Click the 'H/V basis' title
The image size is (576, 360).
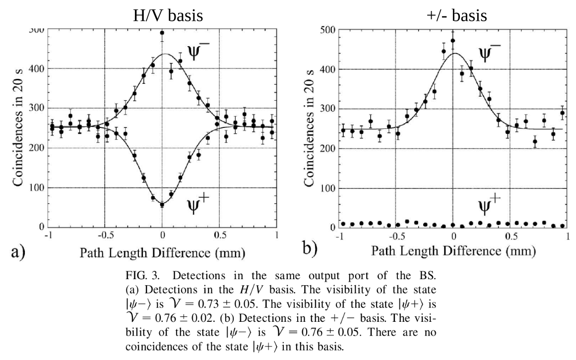click(168, 15)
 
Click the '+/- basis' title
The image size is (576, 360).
click(457, 15)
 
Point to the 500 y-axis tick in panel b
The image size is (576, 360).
click(327, 30)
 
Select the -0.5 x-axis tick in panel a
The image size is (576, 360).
click(105, 235)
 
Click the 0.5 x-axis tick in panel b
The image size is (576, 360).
click(510, 236)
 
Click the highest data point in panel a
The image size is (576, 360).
click(162, 33)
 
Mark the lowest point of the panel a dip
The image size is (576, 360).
click(162, 205)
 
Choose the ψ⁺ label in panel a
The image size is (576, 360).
click(198, 204)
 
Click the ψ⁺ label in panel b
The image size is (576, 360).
click(489, 205)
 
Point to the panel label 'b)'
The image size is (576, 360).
click(310, 248)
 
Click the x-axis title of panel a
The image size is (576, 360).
click(162, 253)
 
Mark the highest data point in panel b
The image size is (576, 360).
click(452, 41)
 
